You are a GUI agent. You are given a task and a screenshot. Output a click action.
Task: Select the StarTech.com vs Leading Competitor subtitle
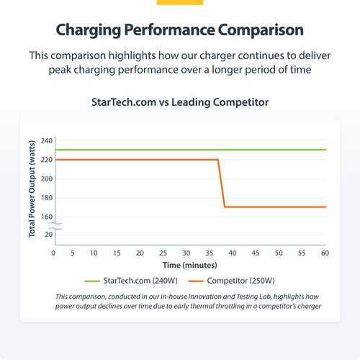point(180,102)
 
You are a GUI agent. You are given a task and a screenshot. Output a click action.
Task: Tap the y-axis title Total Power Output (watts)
point(32,189)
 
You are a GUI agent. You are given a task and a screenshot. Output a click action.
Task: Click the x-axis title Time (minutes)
point(190,266)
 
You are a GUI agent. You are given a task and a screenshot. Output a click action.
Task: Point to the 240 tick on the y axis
point(47,140)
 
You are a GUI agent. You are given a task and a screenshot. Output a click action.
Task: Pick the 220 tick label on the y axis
point(47,159)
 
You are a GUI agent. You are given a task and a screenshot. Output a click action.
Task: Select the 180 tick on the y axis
point(47,197)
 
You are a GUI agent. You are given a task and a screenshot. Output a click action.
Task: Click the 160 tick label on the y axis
point(47,216)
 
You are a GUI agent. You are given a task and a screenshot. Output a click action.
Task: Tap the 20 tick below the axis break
point(49,235)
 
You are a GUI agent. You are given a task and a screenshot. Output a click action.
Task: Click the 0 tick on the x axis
point(53,253)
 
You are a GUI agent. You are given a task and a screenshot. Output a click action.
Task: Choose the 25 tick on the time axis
point(163,253)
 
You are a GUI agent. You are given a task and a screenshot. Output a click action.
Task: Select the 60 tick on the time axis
point(325,253)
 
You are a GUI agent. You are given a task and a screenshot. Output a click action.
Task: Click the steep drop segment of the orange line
point(221,184)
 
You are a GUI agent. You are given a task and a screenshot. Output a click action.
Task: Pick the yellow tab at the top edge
point(180,2)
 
